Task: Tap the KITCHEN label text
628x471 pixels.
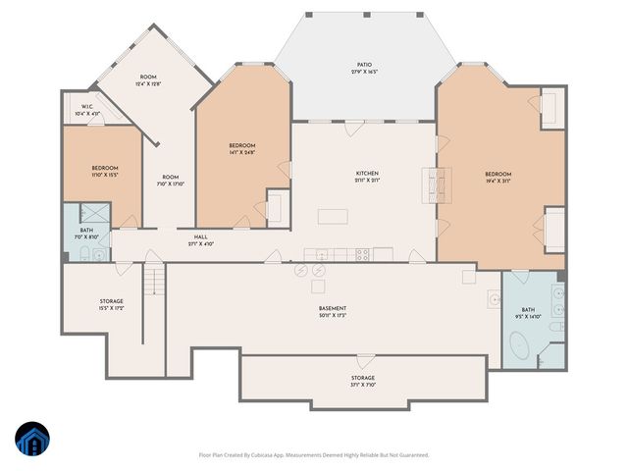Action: [366, 174]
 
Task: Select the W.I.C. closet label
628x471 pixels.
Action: [86, 107]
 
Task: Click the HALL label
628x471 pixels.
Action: [200, 237]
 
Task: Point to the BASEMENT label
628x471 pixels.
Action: [333, 308]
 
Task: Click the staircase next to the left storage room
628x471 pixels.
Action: [152, 284]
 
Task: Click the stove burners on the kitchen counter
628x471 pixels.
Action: [362, 254]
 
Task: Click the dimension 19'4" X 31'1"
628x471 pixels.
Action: [497, 181]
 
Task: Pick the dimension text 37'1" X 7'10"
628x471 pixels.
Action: [363, 385]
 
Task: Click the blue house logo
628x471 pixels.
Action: [32, 440]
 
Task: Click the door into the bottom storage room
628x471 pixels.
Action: [364, 360]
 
